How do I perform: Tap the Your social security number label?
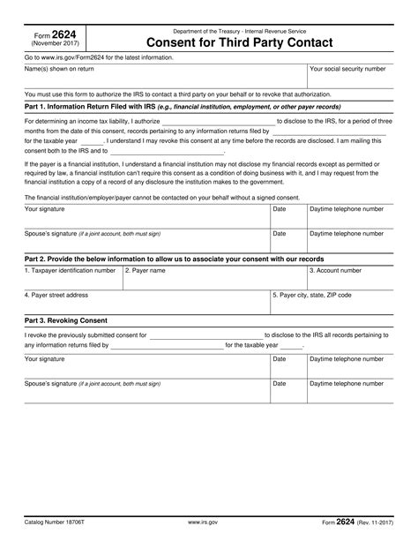point(350,68)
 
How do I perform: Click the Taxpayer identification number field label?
point(70,271)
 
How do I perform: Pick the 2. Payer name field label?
point(145,271)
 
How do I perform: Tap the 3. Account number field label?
point(335,271)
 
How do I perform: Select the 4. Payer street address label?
point(56,295)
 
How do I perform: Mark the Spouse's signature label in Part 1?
point(93,234)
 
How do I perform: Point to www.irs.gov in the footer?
point(206,523)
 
